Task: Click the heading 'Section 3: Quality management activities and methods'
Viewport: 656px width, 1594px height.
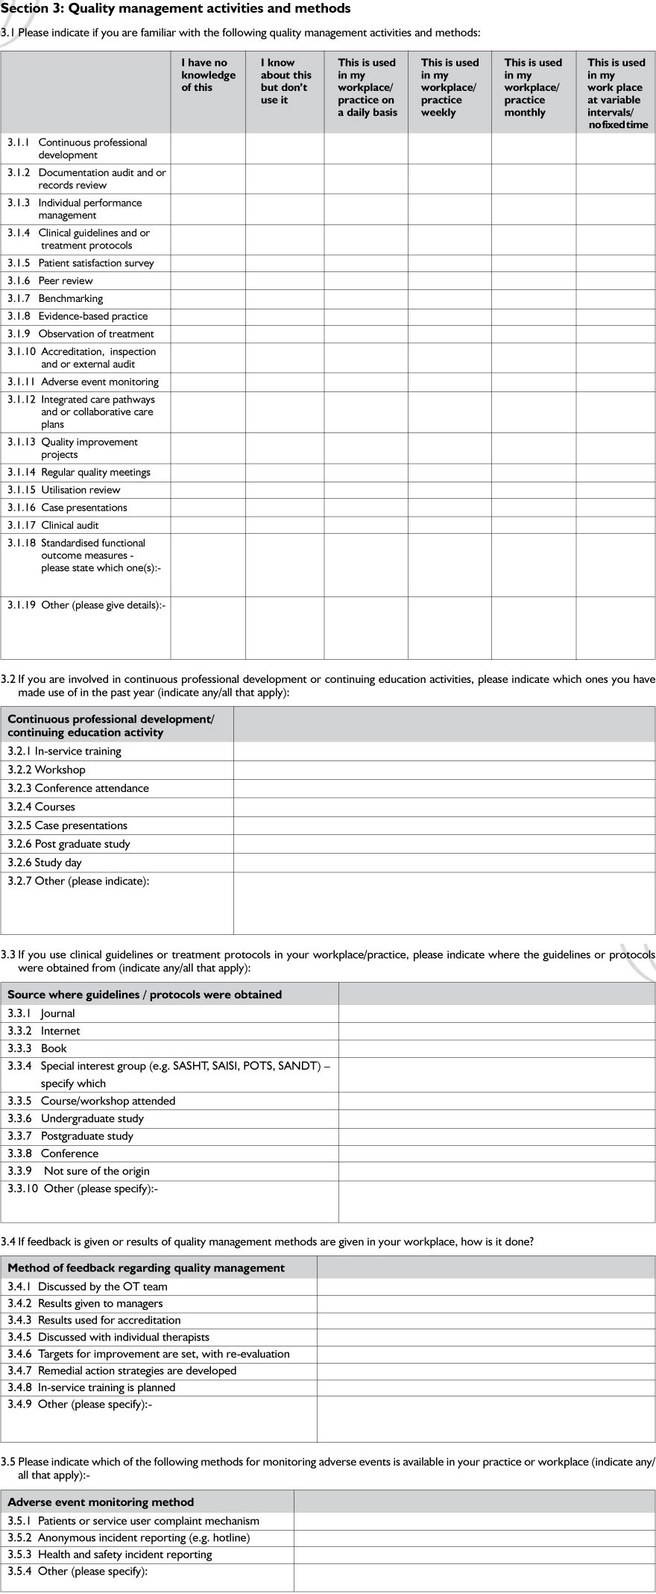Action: point(175,9)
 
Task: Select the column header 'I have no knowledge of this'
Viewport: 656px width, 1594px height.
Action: point(208,75)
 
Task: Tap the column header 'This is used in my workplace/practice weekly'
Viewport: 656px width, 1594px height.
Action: point(450,88)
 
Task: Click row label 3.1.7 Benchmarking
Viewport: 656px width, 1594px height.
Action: point(70,298)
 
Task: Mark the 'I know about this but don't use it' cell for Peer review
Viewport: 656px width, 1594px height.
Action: point(285,281)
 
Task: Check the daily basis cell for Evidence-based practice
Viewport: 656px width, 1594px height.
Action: point(366,316)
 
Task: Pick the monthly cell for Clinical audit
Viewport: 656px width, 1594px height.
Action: point(534,526)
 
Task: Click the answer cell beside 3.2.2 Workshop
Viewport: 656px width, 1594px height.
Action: point(444,770)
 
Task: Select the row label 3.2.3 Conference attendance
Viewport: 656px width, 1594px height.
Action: point(78,788)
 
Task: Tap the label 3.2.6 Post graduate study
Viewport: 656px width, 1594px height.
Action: point(69,844)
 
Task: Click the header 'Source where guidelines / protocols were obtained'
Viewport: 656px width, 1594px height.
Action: point(145,995)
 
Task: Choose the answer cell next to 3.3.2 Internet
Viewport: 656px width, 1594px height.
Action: point(496,1031)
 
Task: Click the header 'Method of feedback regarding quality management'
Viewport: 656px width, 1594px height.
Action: point(146,1267)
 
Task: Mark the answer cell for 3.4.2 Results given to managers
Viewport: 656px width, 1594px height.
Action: point(486,1303)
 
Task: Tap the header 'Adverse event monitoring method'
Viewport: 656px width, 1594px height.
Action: point(101,1502)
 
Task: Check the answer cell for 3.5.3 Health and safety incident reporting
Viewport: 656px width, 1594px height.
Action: point(474,1554)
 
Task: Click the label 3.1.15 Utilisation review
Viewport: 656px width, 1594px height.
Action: point(81,490)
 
